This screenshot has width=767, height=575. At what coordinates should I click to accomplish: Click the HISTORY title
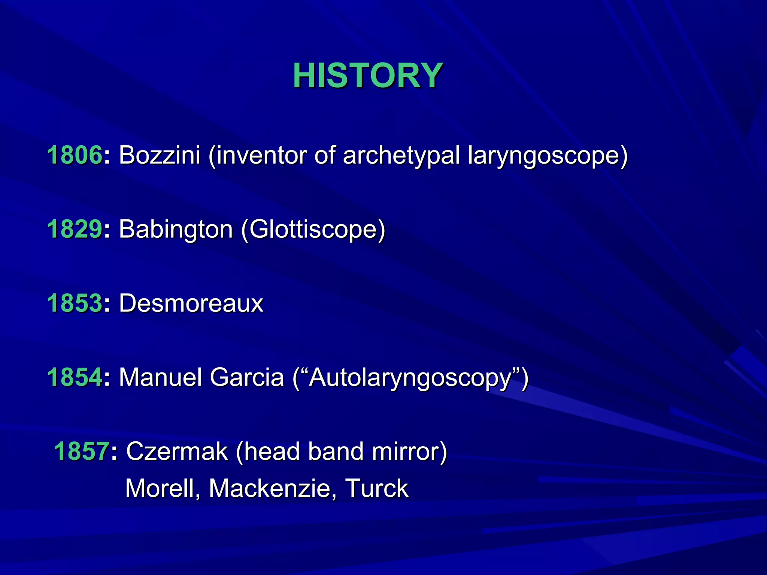click(368, 76)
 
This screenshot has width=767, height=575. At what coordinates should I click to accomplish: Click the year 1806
click(75, 155)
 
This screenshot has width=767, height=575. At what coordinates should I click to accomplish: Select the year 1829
click(75, 229)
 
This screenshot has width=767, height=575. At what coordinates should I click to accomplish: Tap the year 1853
click(75, 303)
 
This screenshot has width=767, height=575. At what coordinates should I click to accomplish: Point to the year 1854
click(75, 377)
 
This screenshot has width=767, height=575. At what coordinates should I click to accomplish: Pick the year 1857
click(82, 451)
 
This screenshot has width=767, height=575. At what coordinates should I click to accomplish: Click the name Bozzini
click(160, 155)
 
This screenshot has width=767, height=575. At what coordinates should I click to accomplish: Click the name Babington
click(176, 229)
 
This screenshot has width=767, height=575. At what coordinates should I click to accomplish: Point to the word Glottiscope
click(313, 229)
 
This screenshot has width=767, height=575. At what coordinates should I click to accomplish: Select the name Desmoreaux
click(191, 303)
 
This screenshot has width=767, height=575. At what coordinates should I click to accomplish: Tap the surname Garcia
click(247, 377)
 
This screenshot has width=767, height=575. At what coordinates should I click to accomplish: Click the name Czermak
click(177, 451)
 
